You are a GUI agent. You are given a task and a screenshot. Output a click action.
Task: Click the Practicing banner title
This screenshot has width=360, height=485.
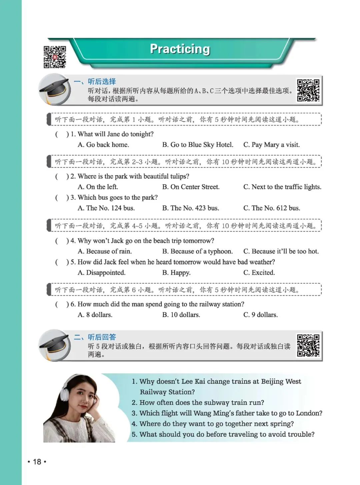180,49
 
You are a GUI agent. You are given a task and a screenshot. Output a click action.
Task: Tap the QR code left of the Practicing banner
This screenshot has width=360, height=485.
55,57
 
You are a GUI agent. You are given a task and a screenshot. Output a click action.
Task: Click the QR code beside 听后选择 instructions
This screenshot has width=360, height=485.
308,90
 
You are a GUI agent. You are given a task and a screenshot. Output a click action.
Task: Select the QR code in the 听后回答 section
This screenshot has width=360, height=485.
308,346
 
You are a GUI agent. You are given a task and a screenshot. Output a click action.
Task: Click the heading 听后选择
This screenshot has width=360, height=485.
102,81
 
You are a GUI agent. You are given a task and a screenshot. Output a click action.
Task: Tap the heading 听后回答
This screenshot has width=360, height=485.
102,337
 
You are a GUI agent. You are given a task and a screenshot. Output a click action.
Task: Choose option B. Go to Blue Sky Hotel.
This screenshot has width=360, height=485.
198,145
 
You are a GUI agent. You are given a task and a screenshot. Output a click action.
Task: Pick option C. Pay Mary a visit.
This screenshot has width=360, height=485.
271,145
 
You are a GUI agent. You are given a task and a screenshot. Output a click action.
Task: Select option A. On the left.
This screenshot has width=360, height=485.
98,187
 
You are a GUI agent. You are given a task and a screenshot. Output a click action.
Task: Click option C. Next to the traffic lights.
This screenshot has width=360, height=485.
282,187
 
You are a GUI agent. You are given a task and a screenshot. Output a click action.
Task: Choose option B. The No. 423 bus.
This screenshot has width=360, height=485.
190,208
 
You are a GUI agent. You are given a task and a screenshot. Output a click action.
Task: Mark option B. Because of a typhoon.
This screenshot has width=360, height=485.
197,251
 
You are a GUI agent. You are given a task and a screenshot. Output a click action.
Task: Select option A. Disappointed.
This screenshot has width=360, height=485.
101,273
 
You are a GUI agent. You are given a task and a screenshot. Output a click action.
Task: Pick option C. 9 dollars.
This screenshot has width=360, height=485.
260,315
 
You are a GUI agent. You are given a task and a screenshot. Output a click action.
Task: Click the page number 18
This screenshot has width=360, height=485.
37,462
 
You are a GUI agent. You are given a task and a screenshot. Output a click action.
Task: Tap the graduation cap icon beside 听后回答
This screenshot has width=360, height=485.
54,345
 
